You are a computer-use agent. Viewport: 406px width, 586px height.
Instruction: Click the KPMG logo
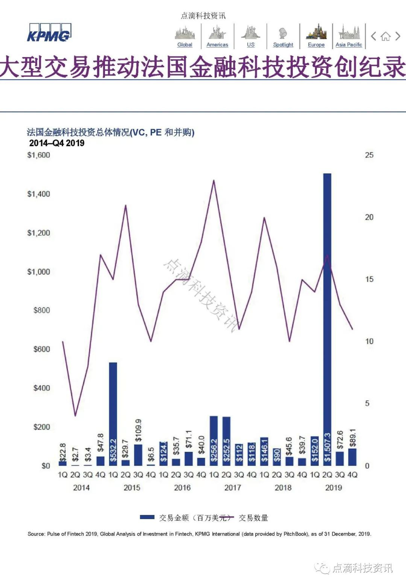point(49,33)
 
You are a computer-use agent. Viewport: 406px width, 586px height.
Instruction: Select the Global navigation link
point(185,44)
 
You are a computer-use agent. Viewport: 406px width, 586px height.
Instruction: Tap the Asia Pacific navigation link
point(348,44)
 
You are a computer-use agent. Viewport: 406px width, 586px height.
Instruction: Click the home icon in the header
point(385,36)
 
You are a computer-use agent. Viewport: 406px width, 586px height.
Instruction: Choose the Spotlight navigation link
point(283,44)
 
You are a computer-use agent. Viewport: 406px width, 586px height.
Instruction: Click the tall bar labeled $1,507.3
point(327,319)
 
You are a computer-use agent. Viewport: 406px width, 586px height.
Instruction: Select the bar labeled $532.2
point(113,413)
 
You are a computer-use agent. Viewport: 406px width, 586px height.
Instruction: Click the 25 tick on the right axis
point(369,155)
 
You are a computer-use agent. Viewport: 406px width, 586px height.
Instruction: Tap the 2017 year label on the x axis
point(232,488)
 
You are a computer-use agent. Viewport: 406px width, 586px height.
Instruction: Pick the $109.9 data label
point(138,430)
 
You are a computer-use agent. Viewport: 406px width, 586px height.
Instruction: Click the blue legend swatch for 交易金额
point(147,518)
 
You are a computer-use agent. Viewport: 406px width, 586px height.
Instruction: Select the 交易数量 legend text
point(254,518)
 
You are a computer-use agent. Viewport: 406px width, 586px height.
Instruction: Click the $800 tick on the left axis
point(41,310)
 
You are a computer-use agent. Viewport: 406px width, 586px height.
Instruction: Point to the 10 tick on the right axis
point(369,341)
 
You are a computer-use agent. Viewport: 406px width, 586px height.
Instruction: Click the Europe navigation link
point(316,44)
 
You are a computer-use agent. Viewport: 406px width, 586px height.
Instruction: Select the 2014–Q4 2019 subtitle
point(57,143)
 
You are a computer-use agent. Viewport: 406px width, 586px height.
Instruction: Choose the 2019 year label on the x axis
point(333,488)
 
